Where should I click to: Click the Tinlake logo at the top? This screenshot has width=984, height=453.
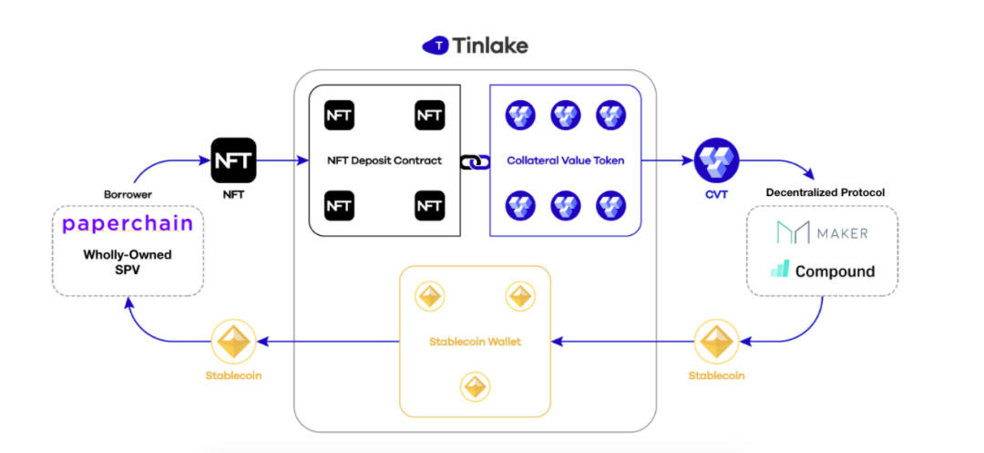click(x=475, y=45)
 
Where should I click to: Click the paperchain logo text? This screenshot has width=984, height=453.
click(x=128, y=224)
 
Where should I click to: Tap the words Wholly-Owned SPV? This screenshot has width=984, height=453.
click(x=128, y=263)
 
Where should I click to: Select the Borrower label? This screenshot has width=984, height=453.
click(x=128, y=195)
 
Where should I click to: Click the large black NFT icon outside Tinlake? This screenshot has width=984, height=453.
click(x=234, y=160)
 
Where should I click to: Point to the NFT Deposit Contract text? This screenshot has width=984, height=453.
click(x=384, y=160)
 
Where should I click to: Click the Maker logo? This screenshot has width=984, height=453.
click(x=822, y=232)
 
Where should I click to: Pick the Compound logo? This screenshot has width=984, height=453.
click(x=822, y=271)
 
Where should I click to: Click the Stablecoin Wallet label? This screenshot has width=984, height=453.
click(x=475, y=342)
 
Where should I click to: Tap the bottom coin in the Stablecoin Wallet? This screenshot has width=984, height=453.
click(x=475, y=386)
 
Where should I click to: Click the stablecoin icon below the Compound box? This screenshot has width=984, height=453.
click(x=715, y=342)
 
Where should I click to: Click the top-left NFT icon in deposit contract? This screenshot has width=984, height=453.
click(x=339, y=116)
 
